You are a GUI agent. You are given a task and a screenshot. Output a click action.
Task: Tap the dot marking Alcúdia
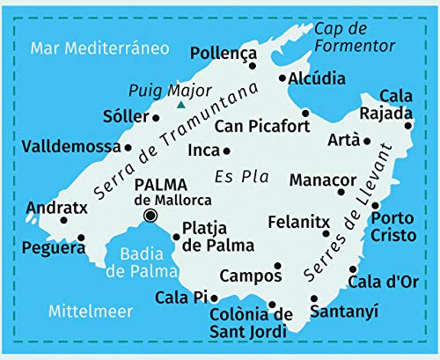[x=282, y=78]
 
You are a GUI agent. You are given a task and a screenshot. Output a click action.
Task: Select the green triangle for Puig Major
[x=180, y=105]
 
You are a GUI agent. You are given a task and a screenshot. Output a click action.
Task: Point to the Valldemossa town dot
[x=128, y=148]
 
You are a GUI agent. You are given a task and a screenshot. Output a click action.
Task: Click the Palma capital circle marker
[x=150, y=216]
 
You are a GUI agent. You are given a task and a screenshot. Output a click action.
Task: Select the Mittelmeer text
[x=91, y=311]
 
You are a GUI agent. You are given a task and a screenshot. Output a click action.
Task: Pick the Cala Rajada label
[x=396, y=104]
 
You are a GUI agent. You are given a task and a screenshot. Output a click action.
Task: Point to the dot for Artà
[x=367, y=141]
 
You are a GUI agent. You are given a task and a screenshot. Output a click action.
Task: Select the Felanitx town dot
[x=326, y=233]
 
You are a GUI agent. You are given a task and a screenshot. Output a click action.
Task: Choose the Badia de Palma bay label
[x=142, y=262]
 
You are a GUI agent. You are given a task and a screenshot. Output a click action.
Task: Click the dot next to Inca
[x=227, y=151]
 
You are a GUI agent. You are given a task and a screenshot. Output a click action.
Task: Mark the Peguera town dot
[x=81, y=237]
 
